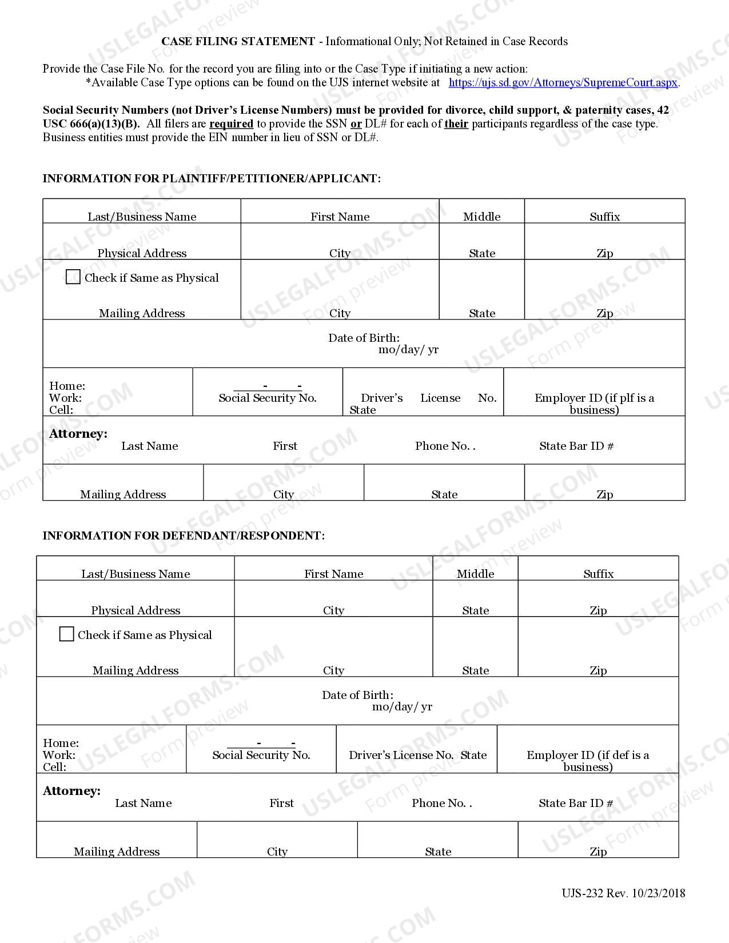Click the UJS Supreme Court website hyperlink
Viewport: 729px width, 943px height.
tap(563, 83)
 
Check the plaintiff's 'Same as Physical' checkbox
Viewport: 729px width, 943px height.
tap(73, 277)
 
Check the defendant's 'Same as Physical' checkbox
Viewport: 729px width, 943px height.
tap(67, 634)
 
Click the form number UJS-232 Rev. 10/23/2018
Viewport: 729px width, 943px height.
tap(623, 893)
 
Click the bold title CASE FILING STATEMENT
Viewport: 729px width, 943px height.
tap(238, 41)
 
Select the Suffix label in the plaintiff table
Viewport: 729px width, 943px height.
tap(604, 217)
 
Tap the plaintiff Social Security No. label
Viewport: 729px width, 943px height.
tap(268, 398)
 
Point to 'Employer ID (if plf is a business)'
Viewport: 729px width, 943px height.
tap(594, 403)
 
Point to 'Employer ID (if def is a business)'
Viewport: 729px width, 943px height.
tap(588, 761)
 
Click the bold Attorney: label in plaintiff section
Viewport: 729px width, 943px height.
tap(78, 434)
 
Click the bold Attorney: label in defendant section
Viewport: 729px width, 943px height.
tap(72, 791)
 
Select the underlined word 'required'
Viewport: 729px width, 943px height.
tap(231, 124)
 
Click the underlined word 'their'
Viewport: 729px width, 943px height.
tap(456, 124)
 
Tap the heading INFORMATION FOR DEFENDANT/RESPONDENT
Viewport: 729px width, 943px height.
tap(184, 536)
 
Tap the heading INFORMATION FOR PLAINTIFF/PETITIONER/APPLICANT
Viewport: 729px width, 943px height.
tap(212, 178)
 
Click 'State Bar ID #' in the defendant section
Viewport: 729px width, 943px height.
tap(575, 803)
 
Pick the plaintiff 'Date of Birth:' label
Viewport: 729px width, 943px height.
tap(364, 338)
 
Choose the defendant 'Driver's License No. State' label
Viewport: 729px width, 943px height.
tap(417, 755)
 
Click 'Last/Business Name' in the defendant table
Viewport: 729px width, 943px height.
tap(136, 574)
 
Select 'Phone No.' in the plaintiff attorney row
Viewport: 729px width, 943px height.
tap(444, 446)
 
